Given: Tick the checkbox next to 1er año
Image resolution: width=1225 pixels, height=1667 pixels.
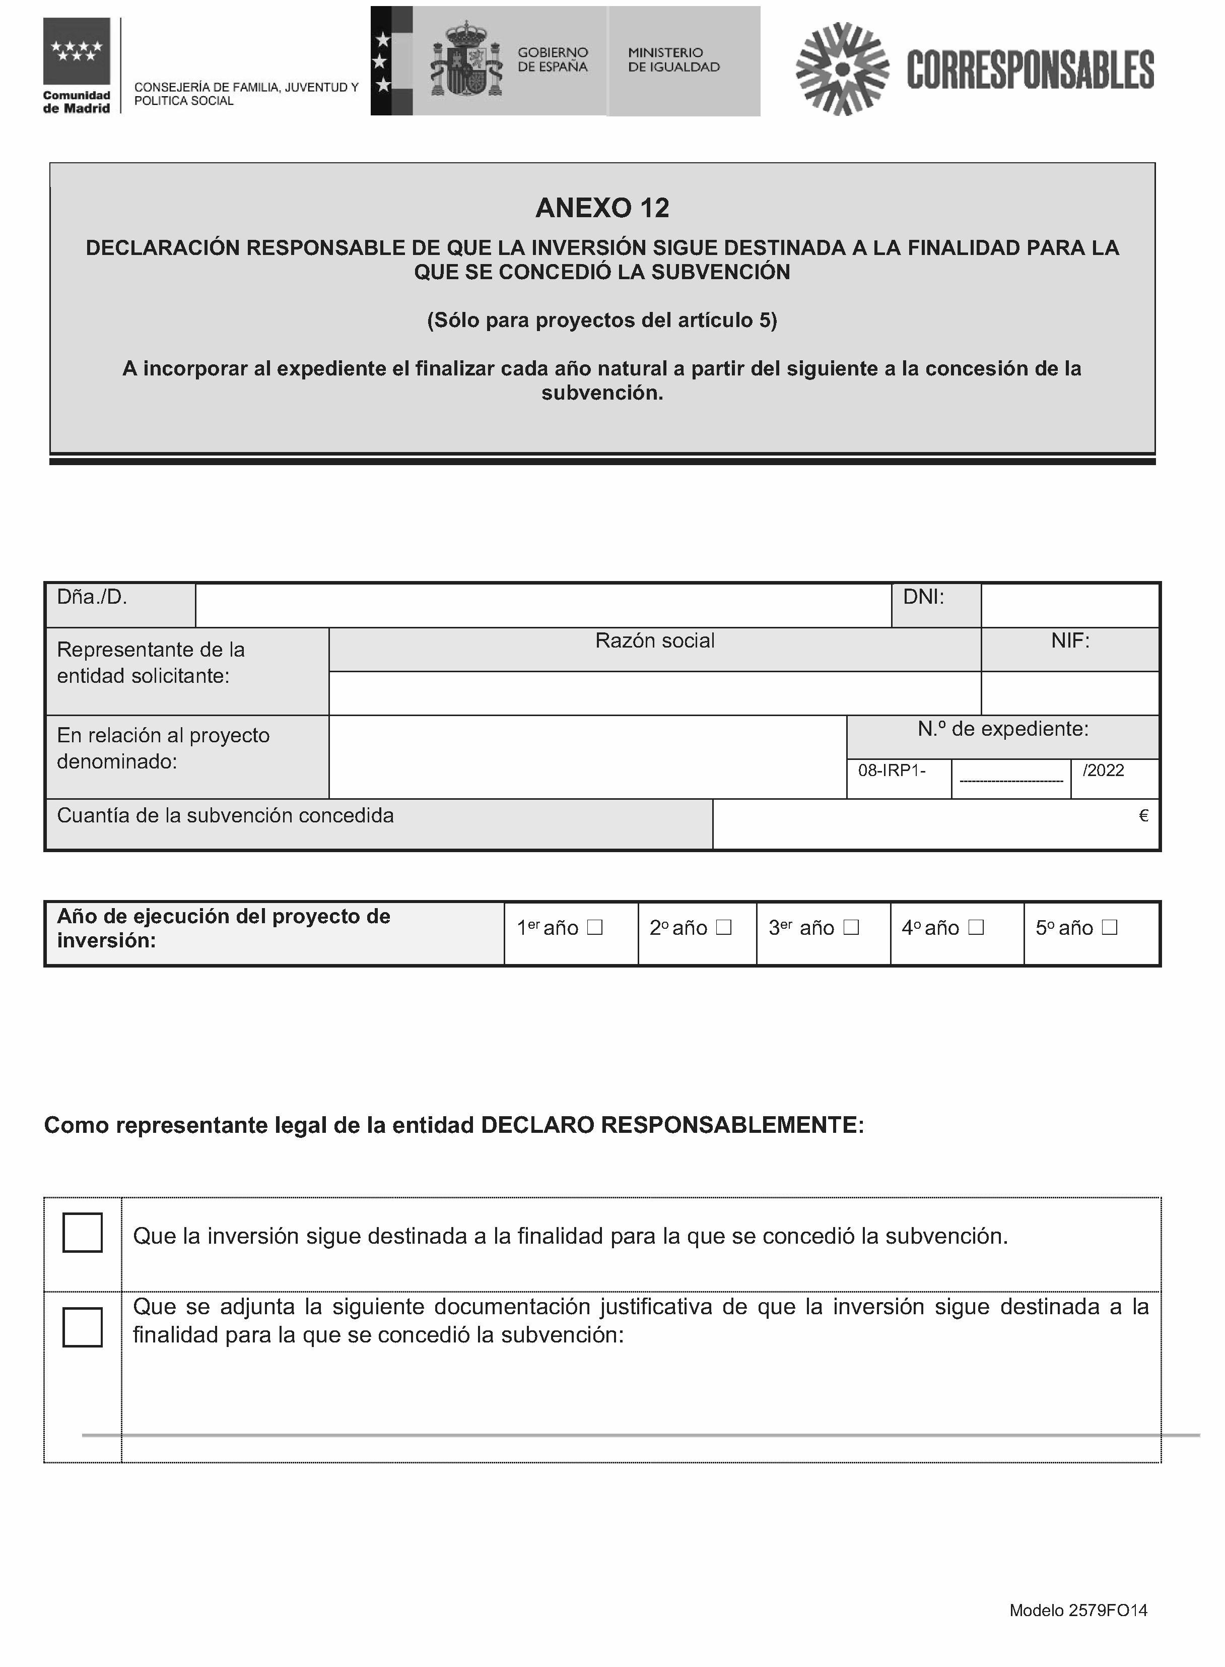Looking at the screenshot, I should (595, 927).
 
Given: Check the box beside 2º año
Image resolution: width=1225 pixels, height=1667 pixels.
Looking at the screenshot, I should (724, 927).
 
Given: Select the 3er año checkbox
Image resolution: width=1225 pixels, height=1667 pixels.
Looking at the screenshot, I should (851, 927).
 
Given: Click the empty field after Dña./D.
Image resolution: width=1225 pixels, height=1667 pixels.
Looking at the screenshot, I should (543, 605).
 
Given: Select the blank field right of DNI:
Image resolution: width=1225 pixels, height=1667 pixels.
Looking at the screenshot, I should (1069, 605).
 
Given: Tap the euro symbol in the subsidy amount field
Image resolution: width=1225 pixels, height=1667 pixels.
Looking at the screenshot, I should (1143, 816).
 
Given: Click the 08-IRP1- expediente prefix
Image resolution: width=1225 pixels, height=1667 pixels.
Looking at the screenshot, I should (892, 770).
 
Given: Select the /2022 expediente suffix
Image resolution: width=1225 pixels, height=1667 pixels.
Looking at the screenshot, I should (1104, 770).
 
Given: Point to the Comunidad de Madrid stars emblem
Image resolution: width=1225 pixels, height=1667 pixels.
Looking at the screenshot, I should (77, 51).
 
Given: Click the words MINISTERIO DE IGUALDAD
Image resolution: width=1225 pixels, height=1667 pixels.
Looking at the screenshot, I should (673, 60).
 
